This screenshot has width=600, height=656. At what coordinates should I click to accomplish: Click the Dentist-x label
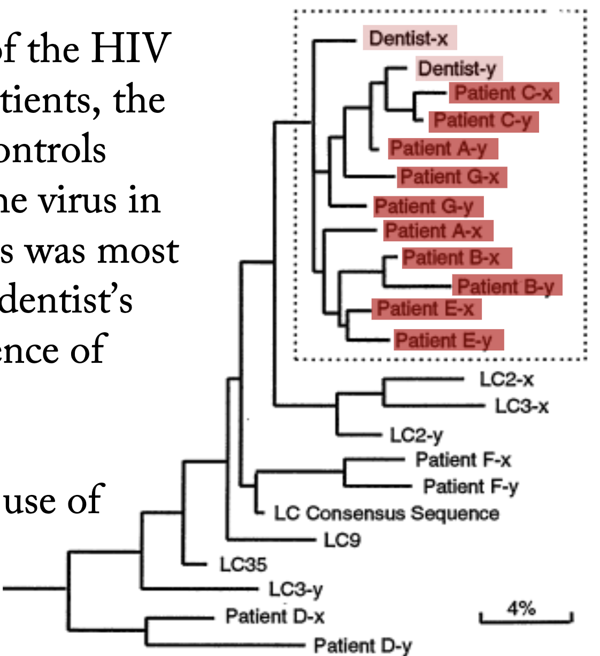[x=409, y=39]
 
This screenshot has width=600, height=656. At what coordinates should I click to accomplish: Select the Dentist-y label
[x=458, y=68]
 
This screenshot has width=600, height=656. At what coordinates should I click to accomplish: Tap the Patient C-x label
[x=504, y=93]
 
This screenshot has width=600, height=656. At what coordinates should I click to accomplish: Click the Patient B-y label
[x=506, y=287]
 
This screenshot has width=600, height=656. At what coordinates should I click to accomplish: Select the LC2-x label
[x=506, y=379]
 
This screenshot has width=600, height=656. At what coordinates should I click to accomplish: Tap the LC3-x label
[x=521, y=406]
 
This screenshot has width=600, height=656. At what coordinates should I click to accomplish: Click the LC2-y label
[x=416, y=435]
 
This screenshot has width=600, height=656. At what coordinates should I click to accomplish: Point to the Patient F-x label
[x=463, y=460]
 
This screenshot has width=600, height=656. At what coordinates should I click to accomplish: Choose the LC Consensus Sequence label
[x=387, y=513]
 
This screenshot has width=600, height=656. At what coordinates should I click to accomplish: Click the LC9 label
[x=342, y=540]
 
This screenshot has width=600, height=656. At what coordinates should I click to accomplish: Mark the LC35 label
[x=243, y=564]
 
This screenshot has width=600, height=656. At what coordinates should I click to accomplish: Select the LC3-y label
[x=295, y=590]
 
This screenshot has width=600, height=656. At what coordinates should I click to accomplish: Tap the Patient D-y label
[x=363, y=645]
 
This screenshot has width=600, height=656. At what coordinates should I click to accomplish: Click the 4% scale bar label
[x=521, y=608]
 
